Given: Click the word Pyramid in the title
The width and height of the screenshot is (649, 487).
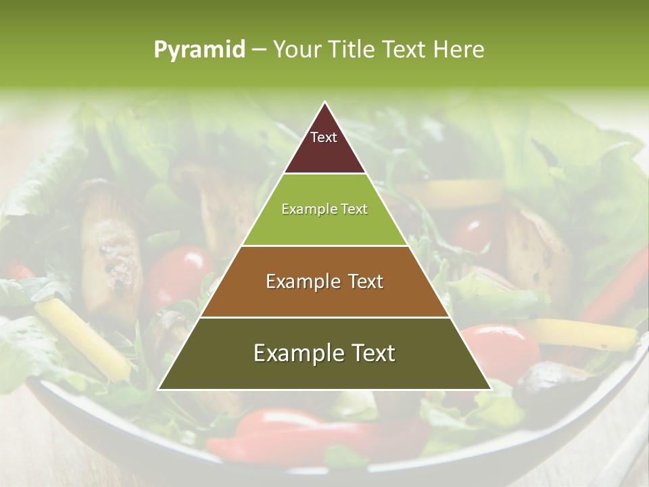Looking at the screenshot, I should pyautogui.click(x=199, y=50).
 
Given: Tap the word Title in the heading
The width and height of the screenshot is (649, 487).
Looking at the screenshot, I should pyautogui.click(x=354, y=50).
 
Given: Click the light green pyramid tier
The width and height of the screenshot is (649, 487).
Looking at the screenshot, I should pyautogui.click(x=324, y=223).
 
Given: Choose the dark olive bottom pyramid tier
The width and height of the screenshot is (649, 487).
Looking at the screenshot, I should pyautogui.click(x=324, y=369).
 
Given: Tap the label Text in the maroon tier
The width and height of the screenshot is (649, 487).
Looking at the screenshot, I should pyautogui.click(x=324, y=137).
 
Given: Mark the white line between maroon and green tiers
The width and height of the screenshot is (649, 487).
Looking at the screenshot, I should pyautogui.click(x=324, y=174).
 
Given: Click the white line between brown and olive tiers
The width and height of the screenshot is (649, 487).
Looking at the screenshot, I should pyautogui.click(x=324, y=317).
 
